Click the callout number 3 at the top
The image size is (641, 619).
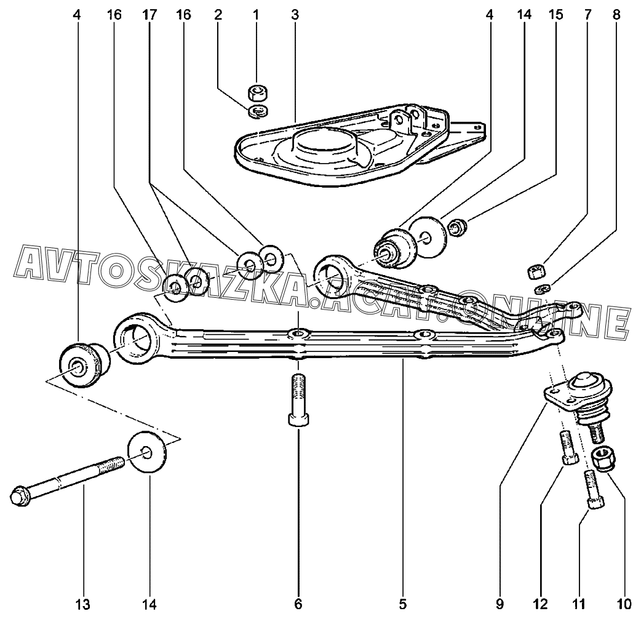coord(295,15)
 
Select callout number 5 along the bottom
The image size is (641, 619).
coord(402,604)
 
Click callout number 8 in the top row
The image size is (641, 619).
coord(616,15)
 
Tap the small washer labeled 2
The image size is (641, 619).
coord(257,111)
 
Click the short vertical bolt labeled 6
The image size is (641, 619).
coord(298,400)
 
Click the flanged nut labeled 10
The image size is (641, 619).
coord(602,458)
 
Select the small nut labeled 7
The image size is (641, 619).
coord(536,271)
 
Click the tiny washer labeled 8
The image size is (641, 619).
coord(542,289)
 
